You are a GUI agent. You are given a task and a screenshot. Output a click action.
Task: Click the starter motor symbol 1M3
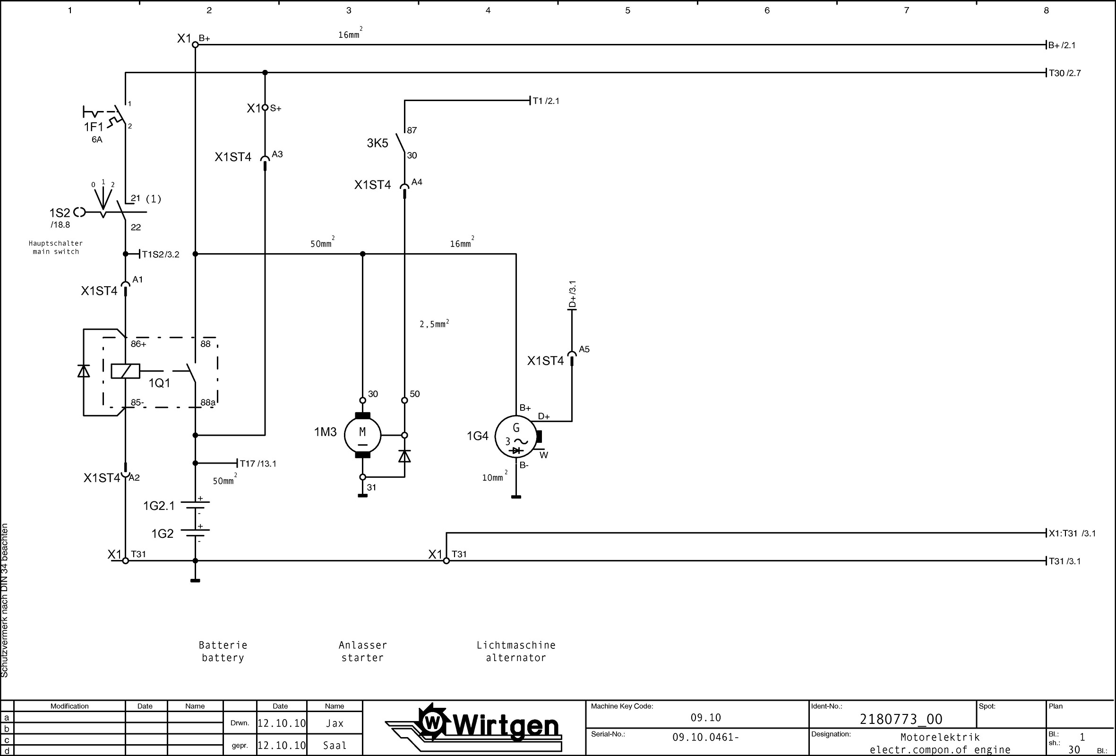(362, 435)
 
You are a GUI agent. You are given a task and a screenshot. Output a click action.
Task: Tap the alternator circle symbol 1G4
(516, 437)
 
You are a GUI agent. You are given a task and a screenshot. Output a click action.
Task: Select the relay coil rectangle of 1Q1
(125, 371)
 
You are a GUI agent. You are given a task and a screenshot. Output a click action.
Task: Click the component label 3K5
(378, 143)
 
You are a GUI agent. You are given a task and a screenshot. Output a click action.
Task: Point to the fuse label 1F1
(94, 127)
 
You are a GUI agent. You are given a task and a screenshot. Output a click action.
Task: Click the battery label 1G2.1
(159, 506)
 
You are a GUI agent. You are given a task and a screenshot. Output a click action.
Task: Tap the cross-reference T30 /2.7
(1064, 73)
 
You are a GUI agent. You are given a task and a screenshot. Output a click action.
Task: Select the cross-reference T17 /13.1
(258, 464)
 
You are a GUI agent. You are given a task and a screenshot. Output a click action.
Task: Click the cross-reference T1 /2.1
(546, 101)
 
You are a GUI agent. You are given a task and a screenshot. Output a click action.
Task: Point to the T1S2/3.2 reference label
(160, 255)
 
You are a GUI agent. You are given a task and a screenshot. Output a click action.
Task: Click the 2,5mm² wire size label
(434, 324)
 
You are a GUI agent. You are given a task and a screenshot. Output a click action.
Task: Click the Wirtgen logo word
(506, 726)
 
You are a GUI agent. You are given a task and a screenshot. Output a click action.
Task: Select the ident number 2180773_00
(901, 719)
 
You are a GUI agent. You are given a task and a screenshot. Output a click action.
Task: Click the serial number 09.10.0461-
(705, 737)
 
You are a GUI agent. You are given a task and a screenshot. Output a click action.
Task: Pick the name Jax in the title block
(334, 723)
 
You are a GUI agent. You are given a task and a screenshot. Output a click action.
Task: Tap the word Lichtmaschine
(516, 645)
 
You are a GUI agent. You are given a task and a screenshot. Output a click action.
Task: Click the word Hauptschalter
(56, 243)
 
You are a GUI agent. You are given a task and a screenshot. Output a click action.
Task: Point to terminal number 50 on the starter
(415, 394)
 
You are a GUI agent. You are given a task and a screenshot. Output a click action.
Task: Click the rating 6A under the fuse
(97, 140)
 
